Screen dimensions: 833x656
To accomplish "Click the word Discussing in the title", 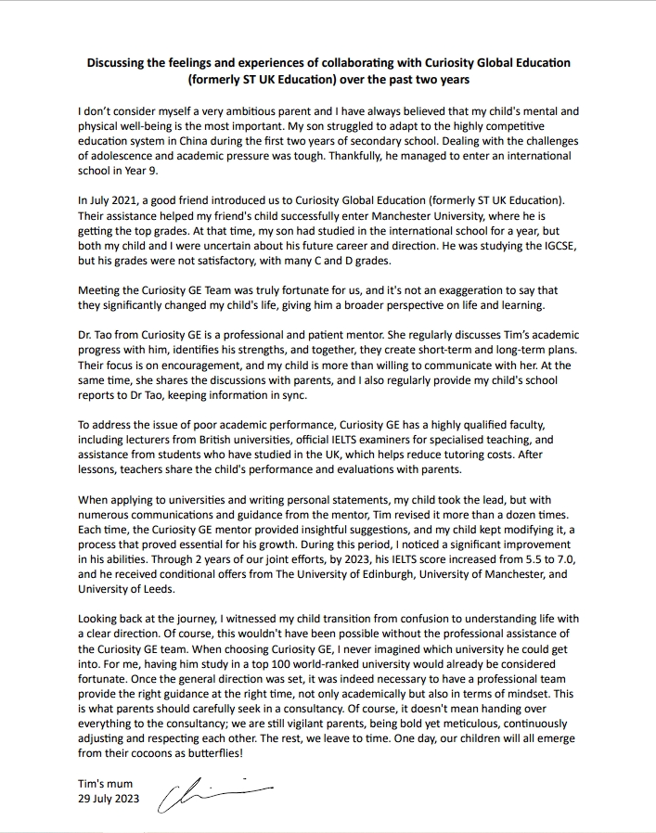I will (x=118, y=62).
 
